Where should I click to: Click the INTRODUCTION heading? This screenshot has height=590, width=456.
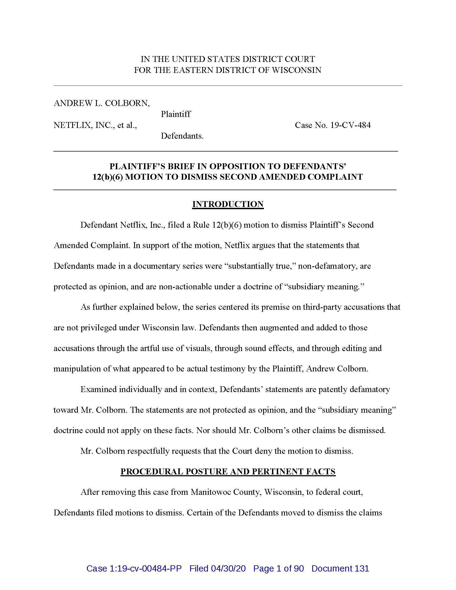228,204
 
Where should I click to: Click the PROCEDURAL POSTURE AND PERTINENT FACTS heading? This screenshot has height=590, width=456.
228,471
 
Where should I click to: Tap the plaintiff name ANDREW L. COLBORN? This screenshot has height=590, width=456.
102,103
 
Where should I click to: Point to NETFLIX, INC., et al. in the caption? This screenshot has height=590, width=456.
95,125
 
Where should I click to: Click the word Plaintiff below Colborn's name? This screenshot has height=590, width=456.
176,114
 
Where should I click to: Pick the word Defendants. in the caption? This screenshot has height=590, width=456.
182,136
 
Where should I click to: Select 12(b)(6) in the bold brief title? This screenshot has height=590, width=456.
108,177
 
